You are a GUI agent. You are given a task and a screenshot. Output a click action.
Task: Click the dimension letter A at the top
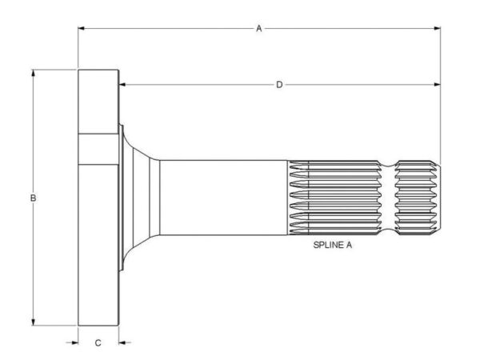(259, 29)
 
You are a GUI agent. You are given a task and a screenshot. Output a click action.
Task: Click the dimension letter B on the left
(33, 198)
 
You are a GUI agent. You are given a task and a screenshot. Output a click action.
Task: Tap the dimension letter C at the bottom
(98, 343)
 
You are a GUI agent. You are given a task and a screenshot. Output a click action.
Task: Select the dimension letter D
(279, 85)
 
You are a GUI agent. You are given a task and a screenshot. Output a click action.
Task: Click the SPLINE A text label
(333, 245)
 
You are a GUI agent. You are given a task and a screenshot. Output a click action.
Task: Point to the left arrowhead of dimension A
(82, 29)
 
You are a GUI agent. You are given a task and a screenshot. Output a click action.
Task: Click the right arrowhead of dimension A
(437, 29)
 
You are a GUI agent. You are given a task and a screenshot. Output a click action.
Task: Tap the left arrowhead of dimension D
(122, 85)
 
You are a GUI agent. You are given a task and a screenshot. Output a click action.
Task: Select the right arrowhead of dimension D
(437, 85)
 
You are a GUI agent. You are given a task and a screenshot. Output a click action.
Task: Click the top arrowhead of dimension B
(33, 73)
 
